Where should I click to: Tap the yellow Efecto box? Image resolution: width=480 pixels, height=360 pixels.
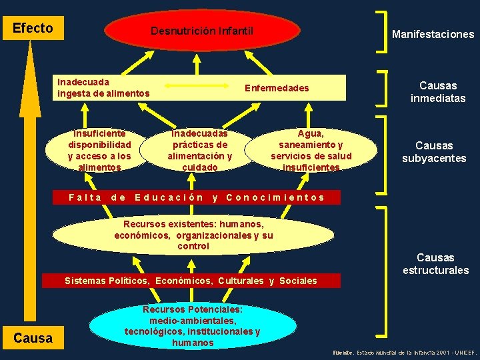[x=33, y=28]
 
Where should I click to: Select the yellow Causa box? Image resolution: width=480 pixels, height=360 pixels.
[x=33, y=338]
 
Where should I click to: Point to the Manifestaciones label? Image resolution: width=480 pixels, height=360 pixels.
[x=433, y=34]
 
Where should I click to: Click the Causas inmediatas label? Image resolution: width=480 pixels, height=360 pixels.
[x=437, y=92]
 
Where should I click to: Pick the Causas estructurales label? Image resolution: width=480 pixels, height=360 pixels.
[x=435, y=263]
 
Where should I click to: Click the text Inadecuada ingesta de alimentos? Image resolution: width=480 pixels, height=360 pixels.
[x=103, y=87]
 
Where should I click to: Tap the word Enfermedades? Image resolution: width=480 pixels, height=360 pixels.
[x=277, y=88]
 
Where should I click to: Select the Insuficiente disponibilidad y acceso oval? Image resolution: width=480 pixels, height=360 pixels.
[x=99, y=151]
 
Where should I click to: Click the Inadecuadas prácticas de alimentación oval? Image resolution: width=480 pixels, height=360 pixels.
[x=200, y=151]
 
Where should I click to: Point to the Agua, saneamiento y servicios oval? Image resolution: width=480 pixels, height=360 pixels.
[x=311, y=151]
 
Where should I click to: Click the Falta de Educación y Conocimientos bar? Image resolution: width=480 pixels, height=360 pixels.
[x=197, y=197]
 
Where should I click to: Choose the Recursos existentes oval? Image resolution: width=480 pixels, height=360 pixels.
[x=193, y=233]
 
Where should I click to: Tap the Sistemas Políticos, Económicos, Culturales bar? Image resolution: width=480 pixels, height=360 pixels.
[x=191, y=281]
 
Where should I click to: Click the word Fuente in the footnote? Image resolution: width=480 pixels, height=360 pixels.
[x=343, y=351]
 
